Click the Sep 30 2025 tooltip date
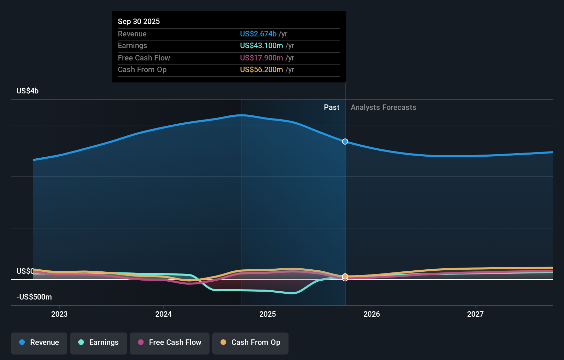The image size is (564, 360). (139, 21)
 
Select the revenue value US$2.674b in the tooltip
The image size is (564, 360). (258, 34)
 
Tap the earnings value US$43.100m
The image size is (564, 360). (261, 46)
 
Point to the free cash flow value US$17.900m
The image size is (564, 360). (261, 58)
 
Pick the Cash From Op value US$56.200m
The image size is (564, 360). (261, 70)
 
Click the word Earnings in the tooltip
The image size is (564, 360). (132, 46)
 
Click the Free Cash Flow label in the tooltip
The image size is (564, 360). (144, 58)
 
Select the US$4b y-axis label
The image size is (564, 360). (27, 91)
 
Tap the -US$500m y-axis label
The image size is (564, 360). (34, 297)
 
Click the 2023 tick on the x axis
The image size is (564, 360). (59, 314)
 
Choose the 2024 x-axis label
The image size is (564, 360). (163, 314)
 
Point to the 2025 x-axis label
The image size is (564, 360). (268, 314)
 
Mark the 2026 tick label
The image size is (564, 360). (372, 314)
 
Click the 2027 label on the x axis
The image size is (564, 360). (475, 314)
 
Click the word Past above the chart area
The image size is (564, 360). (331, 108)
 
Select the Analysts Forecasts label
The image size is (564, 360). (383, 108)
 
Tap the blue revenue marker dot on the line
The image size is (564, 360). (345, 142)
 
